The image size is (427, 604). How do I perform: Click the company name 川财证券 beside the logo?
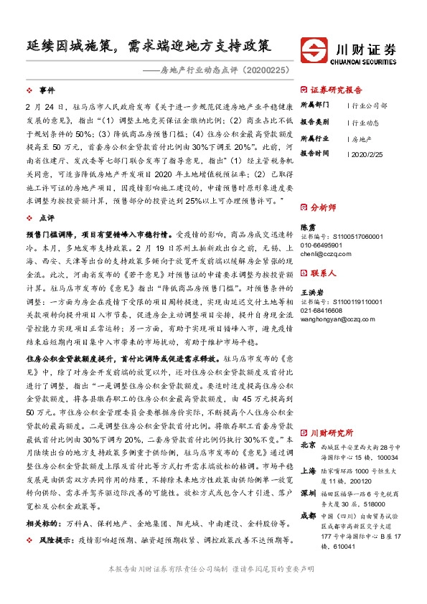click(366, 47)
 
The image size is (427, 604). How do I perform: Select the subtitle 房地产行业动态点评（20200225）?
click(223, 70)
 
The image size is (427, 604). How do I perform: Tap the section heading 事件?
click(47, 90)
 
